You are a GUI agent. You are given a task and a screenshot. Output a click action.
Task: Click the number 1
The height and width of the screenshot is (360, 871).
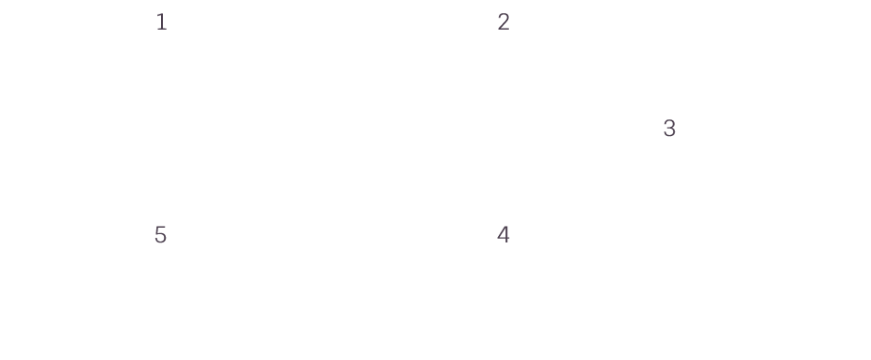coord(162,22)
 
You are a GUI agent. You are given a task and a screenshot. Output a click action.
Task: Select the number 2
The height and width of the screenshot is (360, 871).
coord(504,22)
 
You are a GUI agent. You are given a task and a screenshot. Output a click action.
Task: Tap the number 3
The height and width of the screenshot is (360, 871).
coord(669,129)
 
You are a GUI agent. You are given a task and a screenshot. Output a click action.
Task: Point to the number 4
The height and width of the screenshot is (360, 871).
coord(504,234)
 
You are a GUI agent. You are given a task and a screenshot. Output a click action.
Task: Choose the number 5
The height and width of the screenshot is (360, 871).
coord(160,234)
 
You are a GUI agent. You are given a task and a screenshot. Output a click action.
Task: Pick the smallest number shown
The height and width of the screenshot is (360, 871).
coord(162,22)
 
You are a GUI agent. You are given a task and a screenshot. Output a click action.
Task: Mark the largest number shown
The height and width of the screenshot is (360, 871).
coord(160,234)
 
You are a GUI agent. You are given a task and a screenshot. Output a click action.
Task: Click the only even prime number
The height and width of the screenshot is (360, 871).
coord(504,22)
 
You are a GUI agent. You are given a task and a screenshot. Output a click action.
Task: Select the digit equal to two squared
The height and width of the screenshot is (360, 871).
coord(504,234)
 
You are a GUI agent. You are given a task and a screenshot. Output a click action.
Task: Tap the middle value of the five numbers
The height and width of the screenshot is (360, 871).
coord(669,129)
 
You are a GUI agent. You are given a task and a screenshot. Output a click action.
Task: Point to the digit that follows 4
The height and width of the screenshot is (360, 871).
coord(160,234)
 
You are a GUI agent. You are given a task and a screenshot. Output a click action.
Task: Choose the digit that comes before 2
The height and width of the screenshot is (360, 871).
coord(162,22)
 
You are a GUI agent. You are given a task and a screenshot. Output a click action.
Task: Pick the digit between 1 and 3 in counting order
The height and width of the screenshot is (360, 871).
coord(504,22)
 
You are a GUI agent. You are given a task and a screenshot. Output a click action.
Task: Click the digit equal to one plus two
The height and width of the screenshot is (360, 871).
coord(669,129)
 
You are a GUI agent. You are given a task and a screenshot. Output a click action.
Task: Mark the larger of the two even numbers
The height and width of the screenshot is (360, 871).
coord(504,234)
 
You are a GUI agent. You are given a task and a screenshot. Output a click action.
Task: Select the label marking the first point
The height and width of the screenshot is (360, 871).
coord(162,22)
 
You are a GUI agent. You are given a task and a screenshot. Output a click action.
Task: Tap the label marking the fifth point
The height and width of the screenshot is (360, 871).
coord(160,234)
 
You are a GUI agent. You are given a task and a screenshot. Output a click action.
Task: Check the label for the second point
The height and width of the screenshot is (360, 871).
coord(504,22)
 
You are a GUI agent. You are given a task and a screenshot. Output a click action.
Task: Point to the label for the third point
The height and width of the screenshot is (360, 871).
coord(669,129)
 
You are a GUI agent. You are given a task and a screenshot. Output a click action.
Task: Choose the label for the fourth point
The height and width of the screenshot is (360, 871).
coord(504,234)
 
